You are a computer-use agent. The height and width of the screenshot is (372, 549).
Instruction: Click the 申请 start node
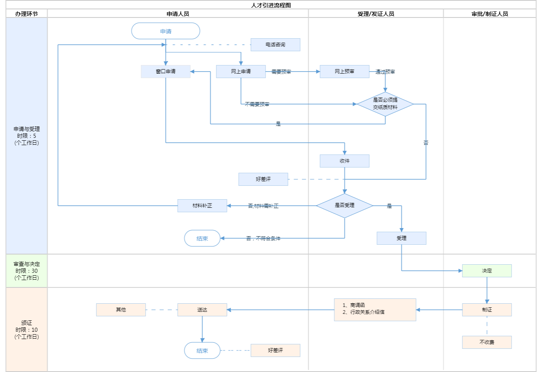tap(166, 31)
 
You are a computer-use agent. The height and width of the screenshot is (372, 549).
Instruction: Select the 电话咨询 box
tap(275, 45)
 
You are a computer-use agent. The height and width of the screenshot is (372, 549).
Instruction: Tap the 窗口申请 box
tap(166, 72)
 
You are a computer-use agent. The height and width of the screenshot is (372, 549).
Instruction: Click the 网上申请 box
tap(241, 72)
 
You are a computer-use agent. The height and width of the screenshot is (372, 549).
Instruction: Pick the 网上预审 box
tap(344, 72)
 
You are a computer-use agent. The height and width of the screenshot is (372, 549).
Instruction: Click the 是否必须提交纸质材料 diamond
tap(385, 104)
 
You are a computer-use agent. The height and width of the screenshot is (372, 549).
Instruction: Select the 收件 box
tap(344, 161)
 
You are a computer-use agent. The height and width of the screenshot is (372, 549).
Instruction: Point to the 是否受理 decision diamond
tap(344, 206)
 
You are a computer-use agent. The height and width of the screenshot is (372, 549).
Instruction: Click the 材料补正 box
tap(202, 206)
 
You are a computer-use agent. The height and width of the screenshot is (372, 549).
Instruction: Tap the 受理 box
tap(401, 238)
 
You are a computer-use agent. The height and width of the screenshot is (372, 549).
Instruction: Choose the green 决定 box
tap(487, 271)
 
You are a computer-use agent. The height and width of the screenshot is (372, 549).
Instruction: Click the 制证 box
tap(487, 310)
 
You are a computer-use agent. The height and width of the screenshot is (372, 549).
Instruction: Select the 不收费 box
tap(487, 342)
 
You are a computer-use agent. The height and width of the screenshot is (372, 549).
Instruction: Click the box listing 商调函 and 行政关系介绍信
tap(375, 310)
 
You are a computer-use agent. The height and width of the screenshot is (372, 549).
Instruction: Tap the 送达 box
tap(202, 310)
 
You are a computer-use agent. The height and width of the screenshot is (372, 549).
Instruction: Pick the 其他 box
tap(121, 310)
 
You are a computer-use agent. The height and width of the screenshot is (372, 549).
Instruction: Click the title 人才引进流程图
tap(271, 5)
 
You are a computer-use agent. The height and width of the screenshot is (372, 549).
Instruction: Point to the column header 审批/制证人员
tap(490, 14)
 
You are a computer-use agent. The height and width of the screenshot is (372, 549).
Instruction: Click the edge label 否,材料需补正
tap(263, 206)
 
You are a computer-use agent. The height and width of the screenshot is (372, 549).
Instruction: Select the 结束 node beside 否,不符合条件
tap(202, 239)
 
